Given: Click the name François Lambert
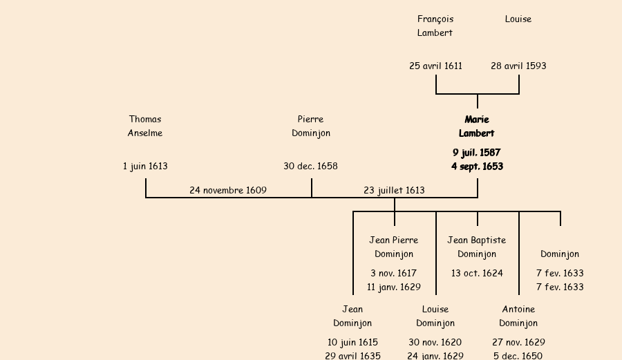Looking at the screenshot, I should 435,26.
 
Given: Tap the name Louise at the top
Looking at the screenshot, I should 518,19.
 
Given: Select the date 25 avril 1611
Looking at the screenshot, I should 435,66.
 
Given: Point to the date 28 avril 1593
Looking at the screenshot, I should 518,66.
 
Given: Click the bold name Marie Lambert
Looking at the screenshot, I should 477,126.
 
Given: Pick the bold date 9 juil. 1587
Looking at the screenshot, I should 477,153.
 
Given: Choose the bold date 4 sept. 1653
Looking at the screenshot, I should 477,167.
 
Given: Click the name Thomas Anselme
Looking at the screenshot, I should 145,126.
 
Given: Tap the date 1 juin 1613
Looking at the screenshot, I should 145,167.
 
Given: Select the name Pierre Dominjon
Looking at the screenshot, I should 311,126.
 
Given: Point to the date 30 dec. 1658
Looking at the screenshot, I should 311,167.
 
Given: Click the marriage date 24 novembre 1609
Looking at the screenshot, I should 228,191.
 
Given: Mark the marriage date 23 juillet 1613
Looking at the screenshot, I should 394,191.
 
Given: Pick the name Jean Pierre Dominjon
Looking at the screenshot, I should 394,247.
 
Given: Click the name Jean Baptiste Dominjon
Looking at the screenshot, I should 477,247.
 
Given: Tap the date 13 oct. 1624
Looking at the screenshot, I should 477,274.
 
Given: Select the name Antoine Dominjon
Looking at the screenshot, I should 518,316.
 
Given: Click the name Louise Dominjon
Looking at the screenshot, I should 435,316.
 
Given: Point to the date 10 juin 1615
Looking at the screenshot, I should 352,343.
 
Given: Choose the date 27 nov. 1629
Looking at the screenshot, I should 518,343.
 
